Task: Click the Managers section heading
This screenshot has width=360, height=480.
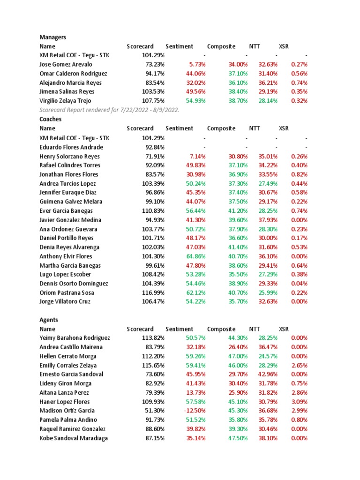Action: [x=53, y=37]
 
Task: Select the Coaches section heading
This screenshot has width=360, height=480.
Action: [x=51, y=119]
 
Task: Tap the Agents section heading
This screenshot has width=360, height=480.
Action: [x=49, y=320]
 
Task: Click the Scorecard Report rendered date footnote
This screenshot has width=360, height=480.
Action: [x=109, y=110]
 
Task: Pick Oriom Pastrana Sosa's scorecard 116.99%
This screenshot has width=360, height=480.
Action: [x=153, y=292]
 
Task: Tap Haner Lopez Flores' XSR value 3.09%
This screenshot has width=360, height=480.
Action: [x=299, y=402]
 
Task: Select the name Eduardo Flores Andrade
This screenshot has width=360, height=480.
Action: [x=71, y=147]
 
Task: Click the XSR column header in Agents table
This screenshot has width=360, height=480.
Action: [x=284, y=329]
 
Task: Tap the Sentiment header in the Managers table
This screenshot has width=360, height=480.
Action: [x=179, y=46]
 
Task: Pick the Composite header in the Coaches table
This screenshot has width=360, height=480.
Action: [x=221, y=128]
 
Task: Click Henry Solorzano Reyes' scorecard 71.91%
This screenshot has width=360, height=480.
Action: [x=153, y=156]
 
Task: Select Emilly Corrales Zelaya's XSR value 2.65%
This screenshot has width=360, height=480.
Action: [x=299, y=365]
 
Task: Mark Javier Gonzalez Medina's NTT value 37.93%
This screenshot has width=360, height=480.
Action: [x=268, y=220]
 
